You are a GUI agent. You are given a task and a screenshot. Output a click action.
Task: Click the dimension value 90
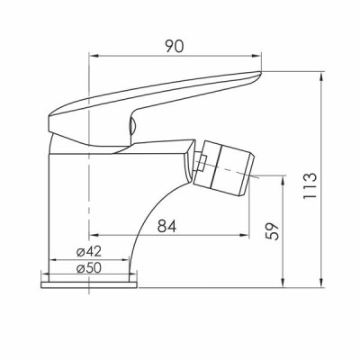(174, 47)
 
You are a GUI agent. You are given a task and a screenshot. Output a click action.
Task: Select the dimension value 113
(310, 185)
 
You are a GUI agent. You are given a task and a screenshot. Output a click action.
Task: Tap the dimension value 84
(166, 226)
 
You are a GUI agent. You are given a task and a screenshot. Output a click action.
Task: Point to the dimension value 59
(273, 231)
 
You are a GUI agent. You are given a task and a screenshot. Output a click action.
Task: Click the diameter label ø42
(89, 252)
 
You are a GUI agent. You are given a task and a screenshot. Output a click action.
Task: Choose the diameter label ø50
(89, 268)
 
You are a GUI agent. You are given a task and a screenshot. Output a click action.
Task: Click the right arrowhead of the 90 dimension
(256, 56)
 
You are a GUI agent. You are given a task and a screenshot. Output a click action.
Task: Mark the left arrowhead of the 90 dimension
(94, 56)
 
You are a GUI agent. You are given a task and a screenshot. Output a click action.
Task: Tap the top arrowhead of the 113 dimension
(321, 76)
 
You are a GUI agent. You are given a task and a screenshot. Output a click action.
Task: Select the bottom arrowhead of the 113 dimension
(321, 283)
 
